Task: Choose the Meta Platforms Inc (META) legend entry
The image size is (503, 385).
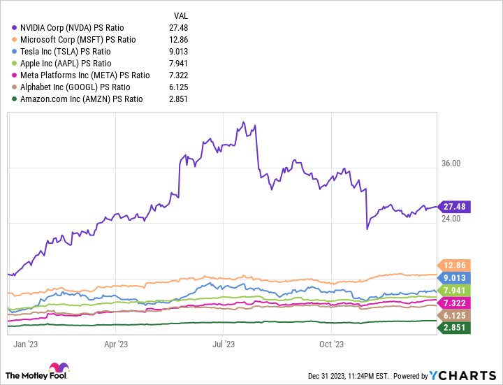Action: (x=85, y=75)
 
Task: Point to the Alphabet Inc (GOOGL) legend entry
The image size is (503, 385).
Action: (x=75, y=87)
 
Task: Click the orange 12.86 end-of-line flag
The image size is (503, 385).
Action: (x=453, y=266)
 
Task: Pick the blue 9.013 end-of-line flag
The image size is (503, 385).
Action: (x=453, y=277)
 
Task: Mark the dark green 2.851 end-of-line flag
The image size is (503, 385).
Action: (x=453, y=328)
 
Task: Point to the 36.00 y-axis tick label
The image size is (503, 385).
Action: (x=451, y=164)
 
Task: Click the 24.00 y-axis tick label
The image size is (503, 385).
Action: (x=451, y=219)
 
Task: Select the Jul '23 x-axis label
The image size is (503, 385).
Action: (x=223, y=344)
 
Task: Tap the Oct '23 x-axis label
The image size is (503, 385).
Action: (x=331, y=344)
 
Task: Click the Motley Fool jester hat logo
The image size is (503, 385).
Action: (x=54, y=370)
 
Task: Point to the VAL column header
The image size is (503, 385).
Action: (x=180, y=15)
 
